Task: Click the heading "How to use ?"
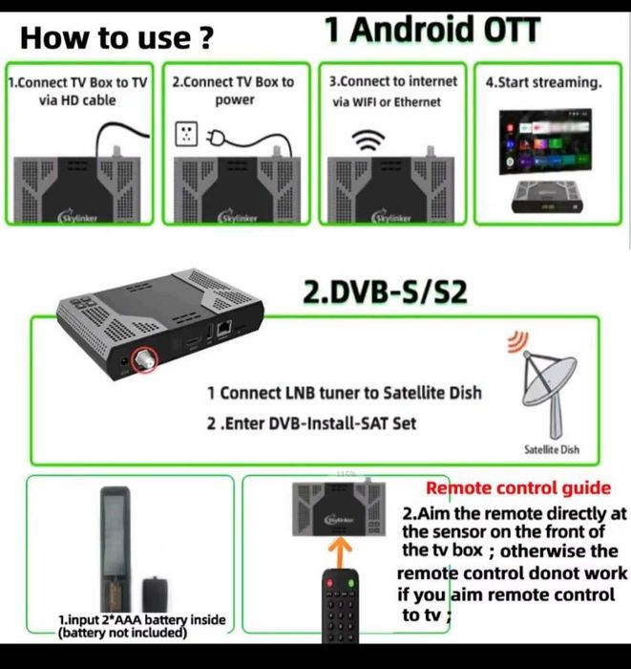point(116,38)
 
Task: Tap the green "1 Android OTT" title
point(432,31)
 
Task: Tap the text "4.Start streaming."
point(543,83)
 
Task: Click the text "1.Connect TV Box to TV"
point(77,82)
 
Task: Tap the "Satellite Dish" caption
point(552,449)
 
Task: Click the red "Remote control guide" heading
point(518,488)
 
